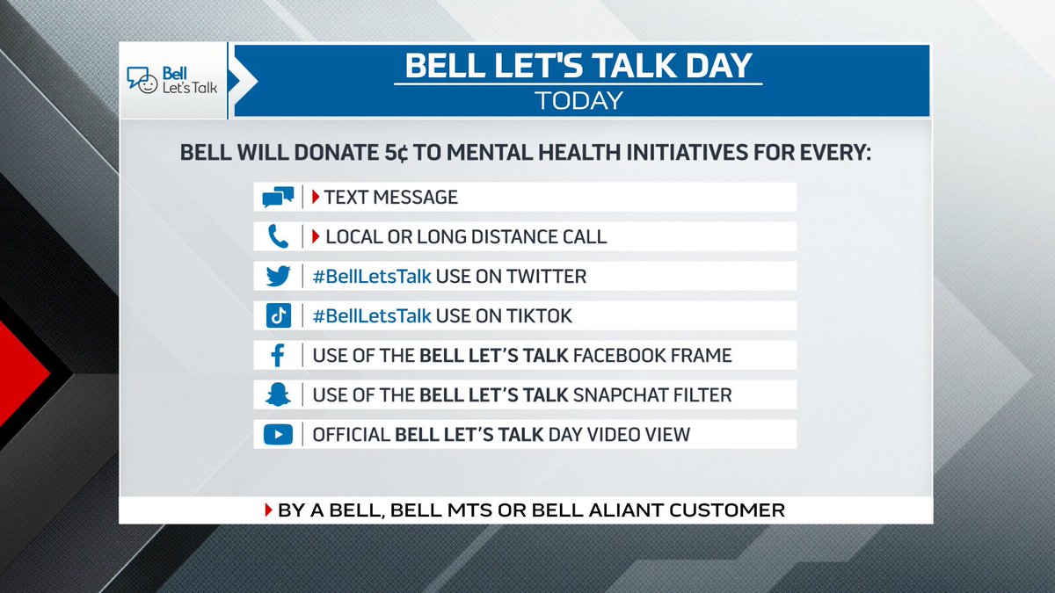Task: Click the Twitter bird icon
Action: (x=278, y=277)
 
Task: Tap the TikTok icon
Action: (x=278, y=315)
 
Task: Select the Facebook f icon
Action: (x=278, y=356)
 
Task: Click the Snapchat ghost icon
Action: (x=278, y=395)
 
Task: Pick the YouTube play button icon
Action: (x=278, y=434)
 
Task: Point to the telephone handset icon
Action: (x=278, y=237)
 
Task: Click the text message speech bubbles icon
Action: (x=278, y=198)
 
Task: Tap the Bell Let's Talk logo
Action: (x=172, y=81)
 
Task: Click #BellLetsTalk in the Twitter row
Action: (x=372, y=277)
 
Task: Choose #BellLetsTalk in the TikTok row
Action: (x=372, y=315)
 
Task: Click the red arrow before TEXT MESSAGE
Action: (x=316, y=197)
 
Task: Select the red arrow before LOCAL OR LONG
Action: (x=316, y=236)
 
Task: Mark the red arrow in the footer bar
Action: (x=269, y=510)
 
